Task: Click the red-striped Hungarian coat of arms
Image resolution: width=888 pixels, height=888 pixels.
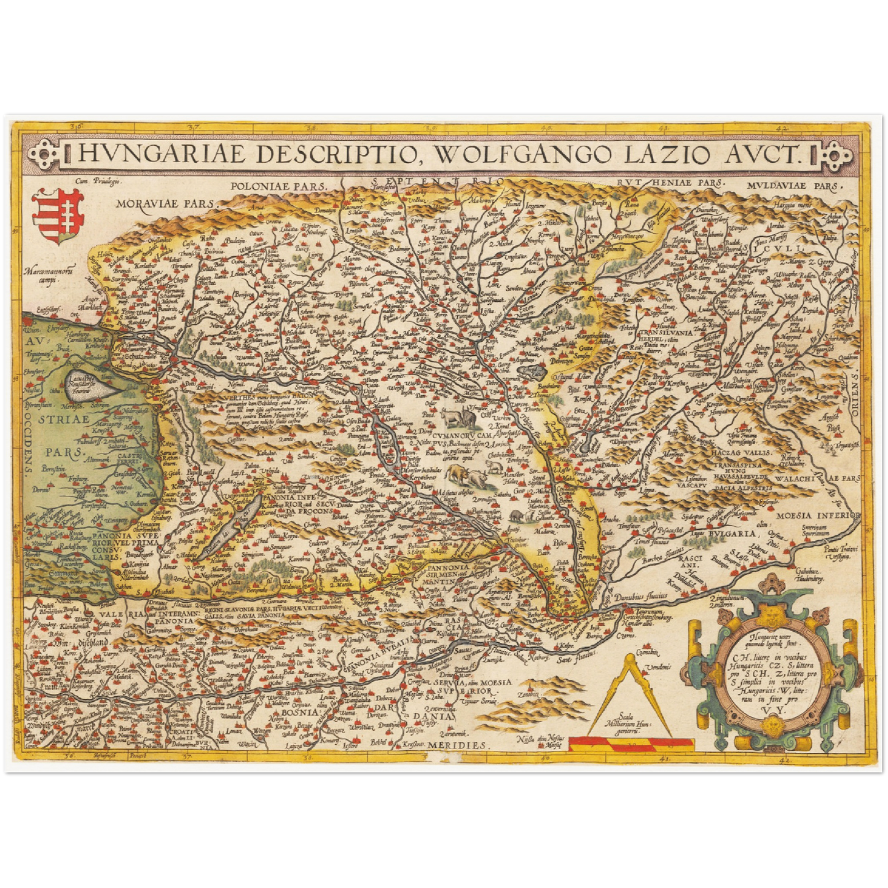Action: tap(57, 216)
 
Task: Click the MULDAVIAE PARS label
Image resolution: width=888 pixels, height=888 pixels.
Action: tap(793, 184)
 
